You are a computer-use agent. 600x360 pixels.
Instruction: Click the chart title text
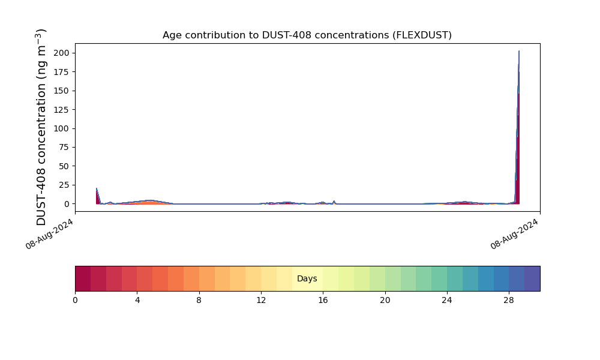pos(307,35)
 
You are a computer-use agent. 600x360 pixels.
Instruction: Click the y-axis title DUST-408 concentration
pos(41,127)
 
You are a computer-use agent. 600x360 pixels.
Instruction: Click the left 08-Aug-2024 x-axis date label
pos(50,234)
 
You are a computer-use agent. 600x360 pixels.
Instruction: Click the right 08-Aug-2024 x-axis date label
pos(515,234)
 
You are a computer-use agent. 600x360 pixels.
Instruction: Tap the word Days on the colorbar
pos(307,279)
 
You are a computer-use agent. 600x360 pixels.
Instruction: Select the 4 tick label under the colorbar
pos(137,300)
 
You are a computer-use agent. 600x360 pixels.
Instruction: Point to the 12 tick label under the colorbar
pos(261,300)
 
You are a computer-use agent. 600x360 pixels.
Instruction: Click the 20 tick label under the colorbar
pos(385,300)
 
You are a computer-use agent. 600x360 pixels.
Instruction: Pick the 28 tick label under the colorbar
pos(509,300)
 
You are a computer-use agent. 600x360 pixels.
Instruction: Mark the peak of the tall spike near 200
pos(519,52)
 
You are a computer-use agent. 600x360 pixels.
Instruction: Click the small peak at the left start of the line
pos(97,188)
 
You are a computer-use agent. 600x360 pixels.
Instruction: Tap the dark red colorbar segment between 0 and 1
pos(83,278)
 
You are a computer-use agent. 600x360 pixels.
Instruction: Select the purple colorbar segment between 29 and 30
pos(532,278)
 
